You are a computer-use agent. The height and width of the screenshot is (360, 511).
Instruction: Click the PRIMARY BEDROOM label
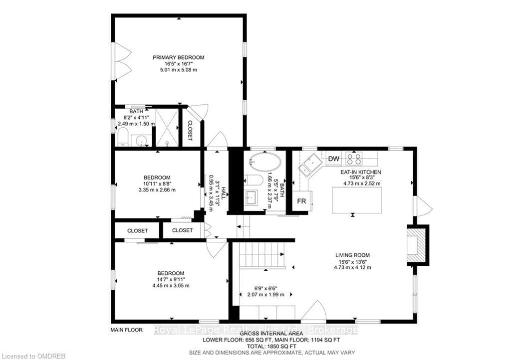(179, 58)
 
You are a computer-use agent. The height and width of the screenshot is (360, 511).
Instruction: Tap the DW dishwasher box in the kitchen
(333, 159)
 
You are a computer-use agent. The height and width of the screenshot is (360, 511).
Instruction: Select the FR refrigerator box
(302, 201)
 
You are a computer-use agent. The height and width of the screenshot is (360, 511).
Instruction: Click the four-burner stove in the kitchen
(354, 159)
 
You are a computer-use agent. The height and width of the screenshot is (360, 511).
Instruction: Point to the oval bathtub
(264, 162)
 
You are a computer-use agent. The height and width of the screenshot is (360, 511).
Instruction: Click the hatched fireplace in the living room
(417, 244)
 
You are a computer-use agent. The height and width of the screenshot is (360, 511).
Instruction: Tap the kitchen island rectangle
(357, 200)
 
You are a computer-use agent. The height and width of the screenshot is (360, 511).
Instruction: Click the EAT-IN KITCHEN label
(361, 172)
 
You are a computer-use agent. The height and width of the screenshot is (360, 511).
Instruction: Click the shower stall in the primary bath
(167, 127)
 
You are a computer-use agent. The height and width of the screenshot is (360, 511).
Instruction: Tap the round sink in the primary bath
(141, 141)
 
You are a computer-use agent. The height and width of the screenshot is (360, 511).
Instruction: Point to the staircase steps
(262, 255)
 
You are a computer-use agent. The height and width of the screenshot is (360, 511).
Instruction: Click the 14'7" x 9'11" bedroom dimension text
(171, 279)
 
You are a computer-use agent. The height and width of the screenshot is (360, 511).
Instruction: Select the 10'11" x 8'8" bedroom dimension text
(157, 183)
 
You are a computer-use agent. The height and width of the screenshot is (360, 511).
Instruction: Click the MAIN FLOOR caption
(126, 330)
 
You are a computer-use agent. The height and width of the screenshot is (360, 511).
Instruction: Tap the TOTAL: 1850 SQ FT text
(271, 347)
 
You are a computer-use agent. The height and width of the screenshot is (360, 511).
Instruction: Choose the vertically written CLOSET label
(190, 131)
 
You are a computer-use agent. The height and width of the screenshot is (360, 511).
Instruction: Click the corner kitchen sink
(309, 165)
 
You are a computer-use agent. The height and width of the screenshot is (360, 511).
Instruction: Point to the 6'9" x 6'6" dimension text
(265, 288)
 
